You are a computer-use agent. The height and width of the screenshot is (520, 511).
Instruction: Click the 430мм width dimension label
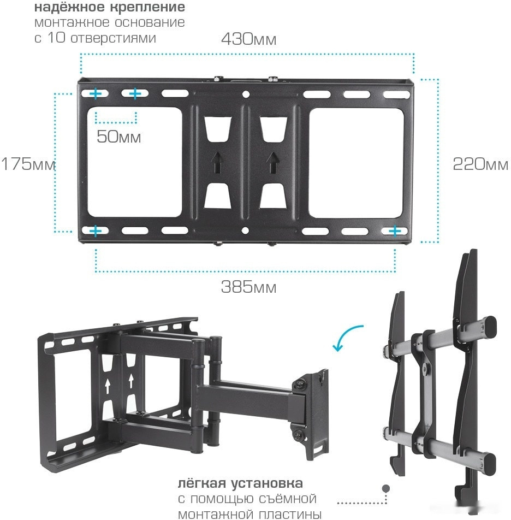pyautogui.click(x=248, y=39)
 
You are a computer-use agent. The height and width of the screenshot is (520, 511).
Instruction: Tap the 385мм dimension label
pyautogui.click(x=248, y=287)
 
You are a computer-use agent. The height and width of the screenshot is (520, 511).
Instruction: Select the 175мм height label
pyautogui.click(x=28, y=164)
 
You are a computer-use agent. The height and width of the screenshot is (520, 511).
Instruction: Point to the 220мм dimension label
pyautogui.click(x=480, y=164)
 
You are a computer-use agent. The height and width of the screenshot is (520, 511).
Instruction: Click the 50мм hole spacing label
pyautogui.click(x=119, y=137)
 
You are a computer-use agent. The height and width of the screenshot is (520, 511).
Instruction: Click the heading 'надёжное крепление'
pyautogui.click(x=110, y=7)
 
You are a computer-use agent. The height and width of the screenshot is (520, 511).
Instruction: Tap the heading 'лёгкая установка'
pyautogui.click(x=240, y=483)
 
